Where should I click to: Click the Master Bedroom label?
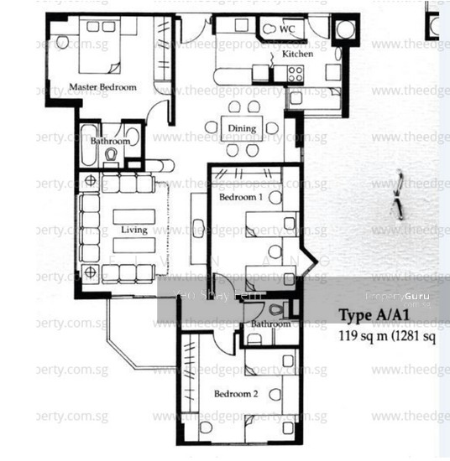(x=102, y=86)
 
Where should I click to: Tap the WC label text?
(x=287, y=29)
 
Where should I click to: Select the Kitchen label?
(x=297, y=54)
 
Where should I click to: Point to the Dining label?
(x=243, y=127)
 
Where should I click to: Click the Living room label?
(x=133, y=230)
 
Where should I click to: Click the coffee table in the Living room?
(x=133, y=227)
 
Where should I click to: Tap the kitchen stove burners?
(x=296, y=74)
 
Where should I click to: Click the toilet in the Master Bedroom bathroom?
(x=111, y=155)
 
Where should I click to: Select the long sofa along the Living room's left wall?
(x=90, y=228)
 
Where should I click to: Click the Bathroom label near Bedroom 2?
(x=270, y=324)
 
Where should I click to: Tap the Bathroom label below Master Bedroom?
(x=110, y=142)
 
